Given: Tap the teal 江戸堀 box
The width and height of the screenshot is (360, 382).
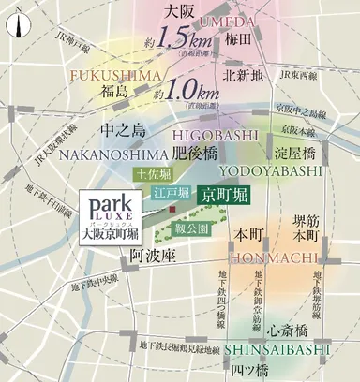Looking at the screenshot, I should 170,192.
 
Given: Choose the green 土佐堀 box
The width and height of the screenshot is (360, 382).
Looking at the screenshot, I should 152,173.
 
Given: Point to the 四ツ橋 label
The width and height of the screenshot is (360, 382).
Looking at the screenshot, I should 252,370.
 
